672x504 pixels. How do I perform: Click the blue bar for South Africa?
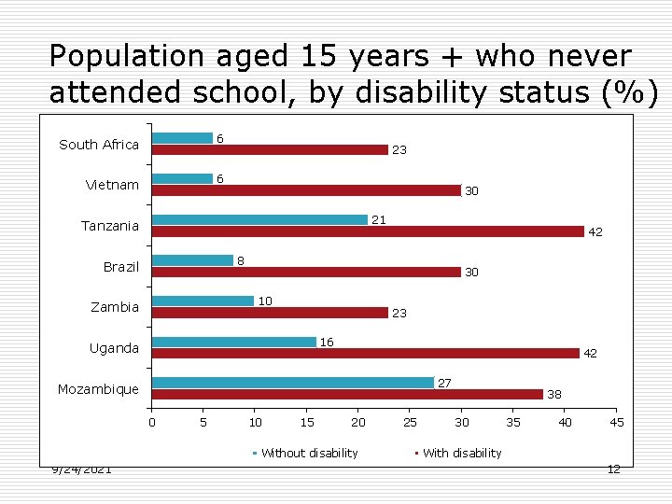click(182, 138)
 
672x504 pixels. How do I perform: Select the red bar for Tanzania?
click(368, 231)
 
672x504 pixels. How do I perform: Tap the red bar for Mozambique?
click(347, 394)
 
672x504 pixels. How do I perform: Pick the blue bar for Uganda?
click(234, 342)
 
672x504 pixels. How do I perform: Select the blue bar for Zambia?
click(203, 301)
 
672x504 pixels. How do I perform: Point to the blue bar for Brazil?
click(192, 260)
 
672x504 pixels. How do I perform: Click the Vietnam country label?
click(112, 185)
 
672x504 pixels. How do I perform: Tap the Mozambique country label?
click(98, 389)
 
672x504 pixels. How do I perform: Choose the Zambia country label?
click(114, 307)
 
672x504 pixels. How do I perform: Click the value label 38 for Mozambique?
click(554, 395)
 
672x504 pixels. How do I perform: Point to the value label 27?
click(444, 383)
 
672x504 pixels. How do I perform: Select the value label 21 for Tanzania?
click(379, 220)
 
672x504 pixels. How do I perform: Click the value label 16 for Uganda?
click(327, 343)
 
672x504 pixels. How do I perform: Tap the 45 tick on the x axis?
click(616, 423)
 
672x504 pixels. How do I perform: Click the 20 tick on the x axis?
click(357, 423)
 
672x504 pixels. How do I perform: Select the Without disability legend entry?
click(309, 453)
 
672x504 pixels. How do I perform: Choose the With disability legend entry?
click(461, 453)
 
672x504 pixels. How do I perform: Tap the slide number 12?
click(613, 469)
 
